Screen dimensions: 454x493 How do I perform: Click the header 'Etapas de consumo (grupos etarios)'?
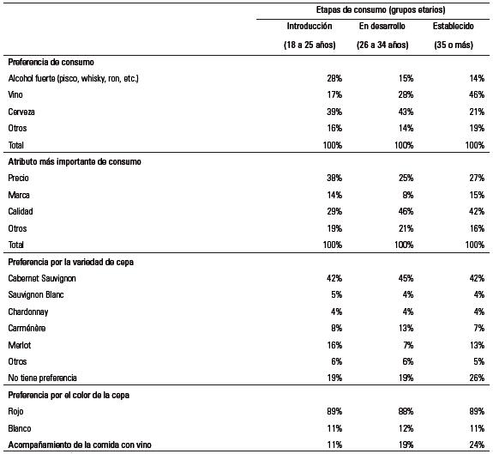click(374, 9)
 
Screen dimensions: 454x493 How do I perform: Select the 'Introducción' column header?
click(309, 27)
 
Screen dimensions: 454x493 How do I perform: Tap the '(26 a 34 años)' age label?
click(383, 44)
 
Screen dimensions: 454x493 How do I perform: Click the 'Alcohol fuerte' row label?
click(73, 78)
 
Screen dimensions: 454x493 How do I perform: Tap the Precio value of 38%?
click(334, 177)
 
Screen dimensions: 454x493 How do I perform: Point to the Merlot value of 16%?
click(334, 343)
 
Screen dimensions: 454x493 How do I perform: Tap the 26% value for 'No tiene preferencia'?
click(475, 377)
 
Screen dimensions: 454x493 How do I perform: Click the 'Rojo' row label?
click(16, 411)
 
